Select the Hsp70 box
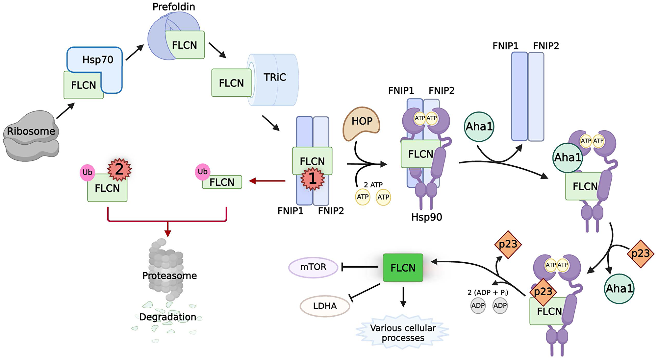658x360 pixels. tap(97, 60)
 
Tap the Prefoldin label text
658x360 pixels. tap(173, 7)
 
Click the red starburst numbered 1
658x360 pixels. tap(312, 179)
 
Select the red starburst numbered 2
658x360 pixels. tap(119, 169)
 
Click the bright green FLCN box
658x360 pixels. tap(403, 268)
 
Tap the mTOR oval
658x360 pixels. tap(313, 267)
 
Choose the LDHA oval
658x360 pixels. tap(324, 306)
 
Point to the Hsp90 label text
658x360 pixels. tap(426, 217)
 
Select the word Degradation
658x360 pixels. tap(167, 317)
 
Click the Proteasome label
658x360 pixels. tap(169, 276)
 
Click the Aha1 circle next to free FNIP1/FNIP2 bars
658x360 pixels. tap(479, 127)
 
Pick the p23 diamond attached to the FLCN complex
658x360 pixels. tap(543, 292)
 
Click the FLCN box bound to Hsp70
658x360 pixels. tap(83, 85)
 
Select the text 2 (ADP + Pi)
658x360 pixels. tap(488, 292)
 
